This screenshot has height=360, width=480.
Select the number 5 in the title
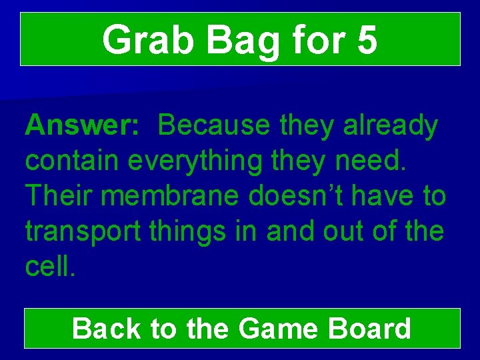(x=367, y=40)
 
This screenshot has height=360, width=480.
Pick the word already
(x=391, y=125)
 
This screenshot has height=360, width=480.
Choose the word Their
(x=57, y=196)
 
